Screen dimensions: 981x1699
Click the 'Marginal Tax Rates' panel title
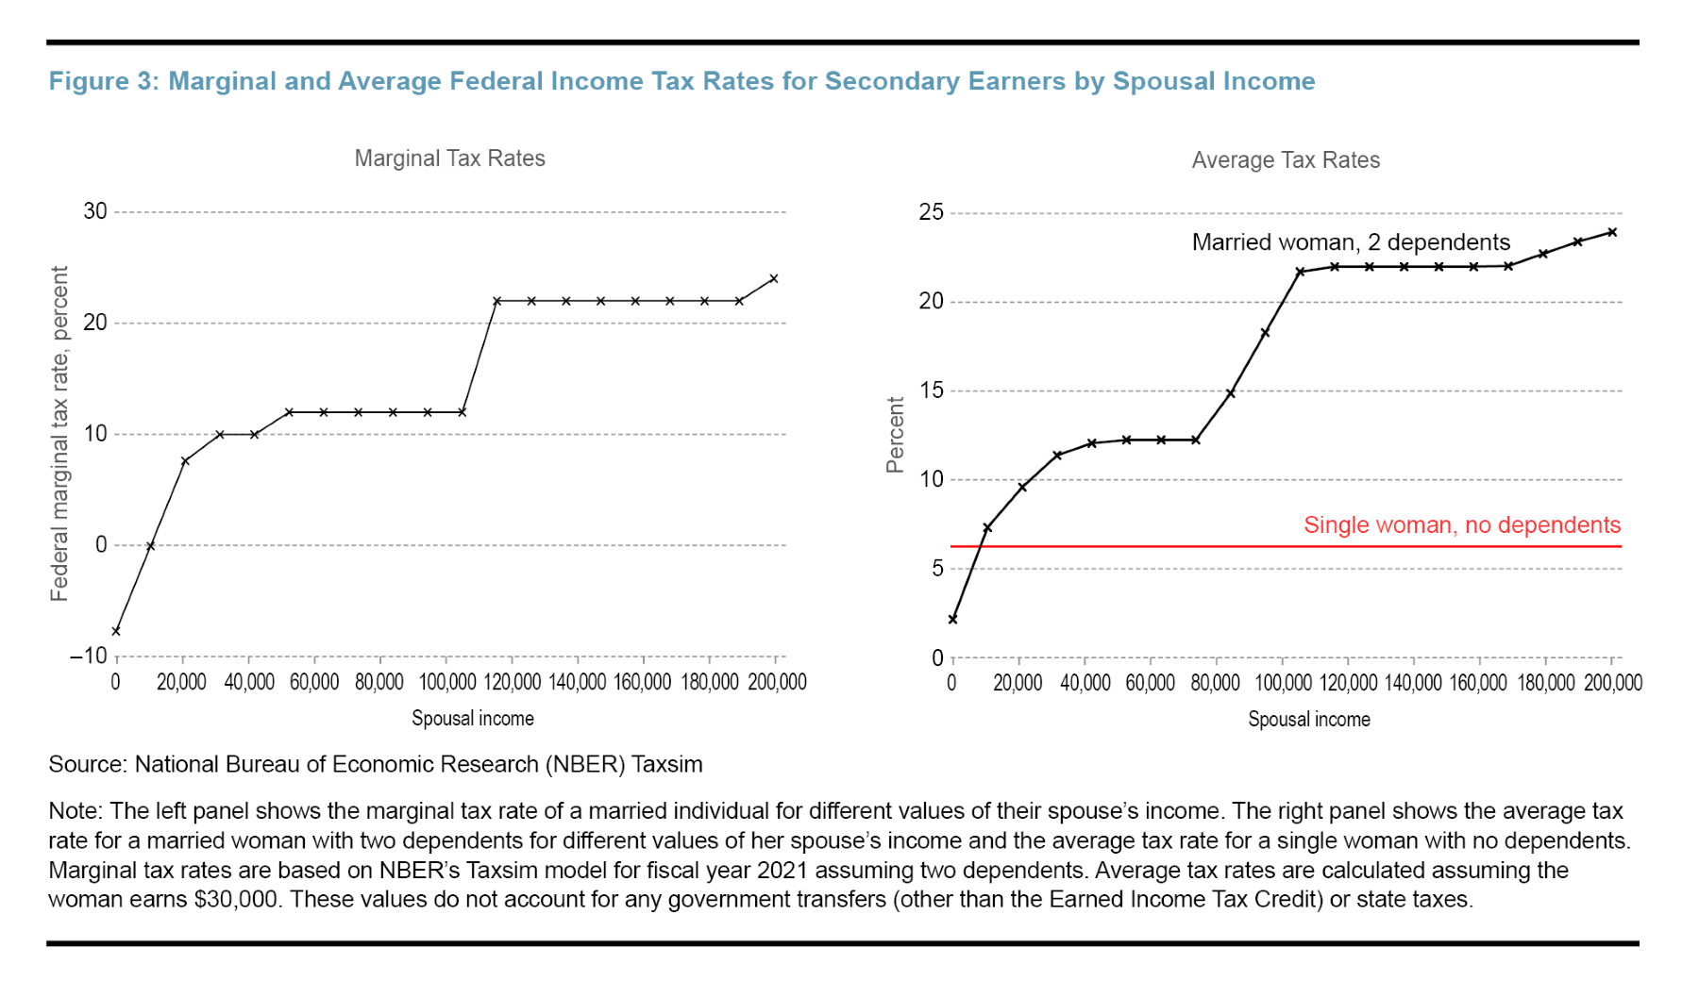[x=449, y=158]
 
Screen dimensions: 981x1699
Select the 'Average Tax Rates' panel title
[x=1285, y=160]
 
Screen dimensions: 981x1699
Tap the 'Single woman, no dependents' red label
[x=1461, y=525]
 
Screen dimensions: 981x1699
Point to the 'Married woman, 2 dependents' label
[x=1351, y=242]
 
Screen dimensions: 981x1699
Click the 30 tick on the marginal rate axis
[x=95, y=211]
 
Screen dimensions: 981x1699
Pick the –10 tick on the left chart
[x=89, y=656]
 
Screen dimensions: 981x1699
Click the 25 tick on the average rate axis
[x=931, y=212]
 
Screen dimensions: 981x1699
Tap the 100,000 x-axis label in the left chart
[x=447, y=682]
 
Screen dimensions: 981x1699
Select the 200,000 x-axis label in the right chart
[x=1612, y=683]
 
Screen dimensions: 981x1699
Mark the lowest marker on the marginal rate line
[x=116, y=631]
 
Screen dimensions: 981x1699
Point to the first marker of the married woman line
[x=952, y=620]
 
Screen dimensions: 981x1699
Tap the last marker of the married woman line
[x=1612, y=232]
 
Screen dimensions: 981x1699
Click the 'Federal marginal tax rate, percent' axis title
[x=59, y=433]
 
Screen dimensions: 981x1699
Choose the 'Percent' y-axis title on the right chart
[x=896, y=435]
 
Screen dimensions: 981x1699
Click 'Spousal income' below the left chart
[x=472, y=719]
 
